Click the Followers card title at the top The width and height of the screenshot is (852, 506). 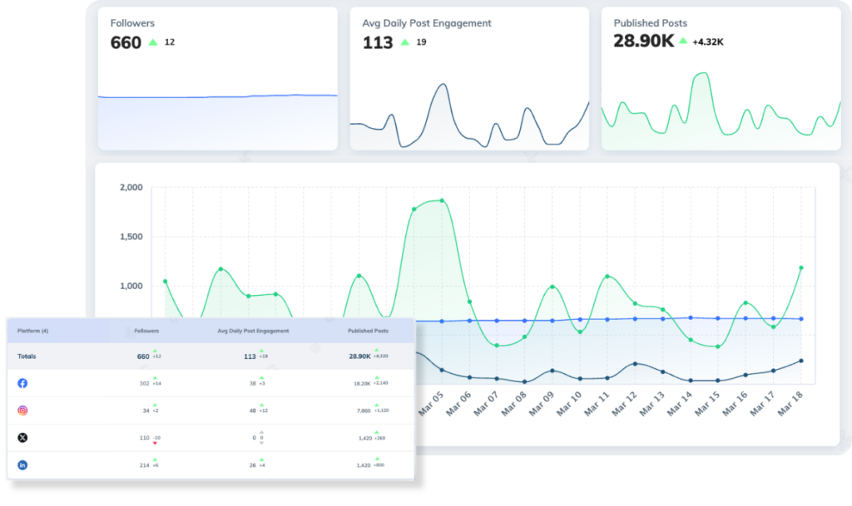pyautogui.click(x=132, y=23)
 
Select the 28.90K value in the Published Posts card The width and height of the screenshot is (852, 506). pyautogui.click(x=642, y=41)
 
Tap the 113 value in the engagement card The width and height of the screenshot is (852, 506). pyautogui.click(x=378, y=42)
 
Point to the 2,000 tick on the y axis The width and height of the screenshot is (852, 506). pyautogui.click(x=130, y=188)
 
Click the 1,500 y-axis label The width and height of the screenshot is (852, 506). pyautogui.click(x=130, y=237)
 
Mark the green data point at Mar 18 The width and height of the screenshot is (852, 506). pyautogui.click(x=801, y=268)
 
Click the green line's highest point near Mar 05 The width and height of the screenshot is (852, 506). pyautogui.click(x=442, y=200)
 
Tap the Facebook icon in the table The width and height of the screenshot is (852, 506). pyautogui.click(x=22, y=383)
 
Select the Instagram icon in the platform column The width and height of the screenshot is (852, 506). pyautogui.click(x=22, y=410)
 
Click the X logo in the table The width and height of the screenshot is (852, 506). pyautogui.click(x=22, y=438)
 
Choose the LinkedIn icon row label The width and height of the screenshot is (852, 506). pyautogui.click(x=22, y=465)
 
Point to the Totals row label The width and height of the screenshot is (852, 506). pyautogui.click(x=27, y=356)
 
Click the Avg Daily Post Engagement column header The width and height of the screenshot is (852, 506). pyautogui.click(x=253, y=331)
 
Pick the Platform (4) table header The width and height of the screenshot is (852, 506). pyautogui.click(x=33, y=331)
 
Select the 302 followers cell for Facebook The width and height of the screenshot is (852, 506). pyautogui.click(x=144, y=384)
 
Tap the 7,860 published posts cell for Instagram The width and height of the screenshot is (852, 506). pyautogui.click(x=363, y=411)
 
